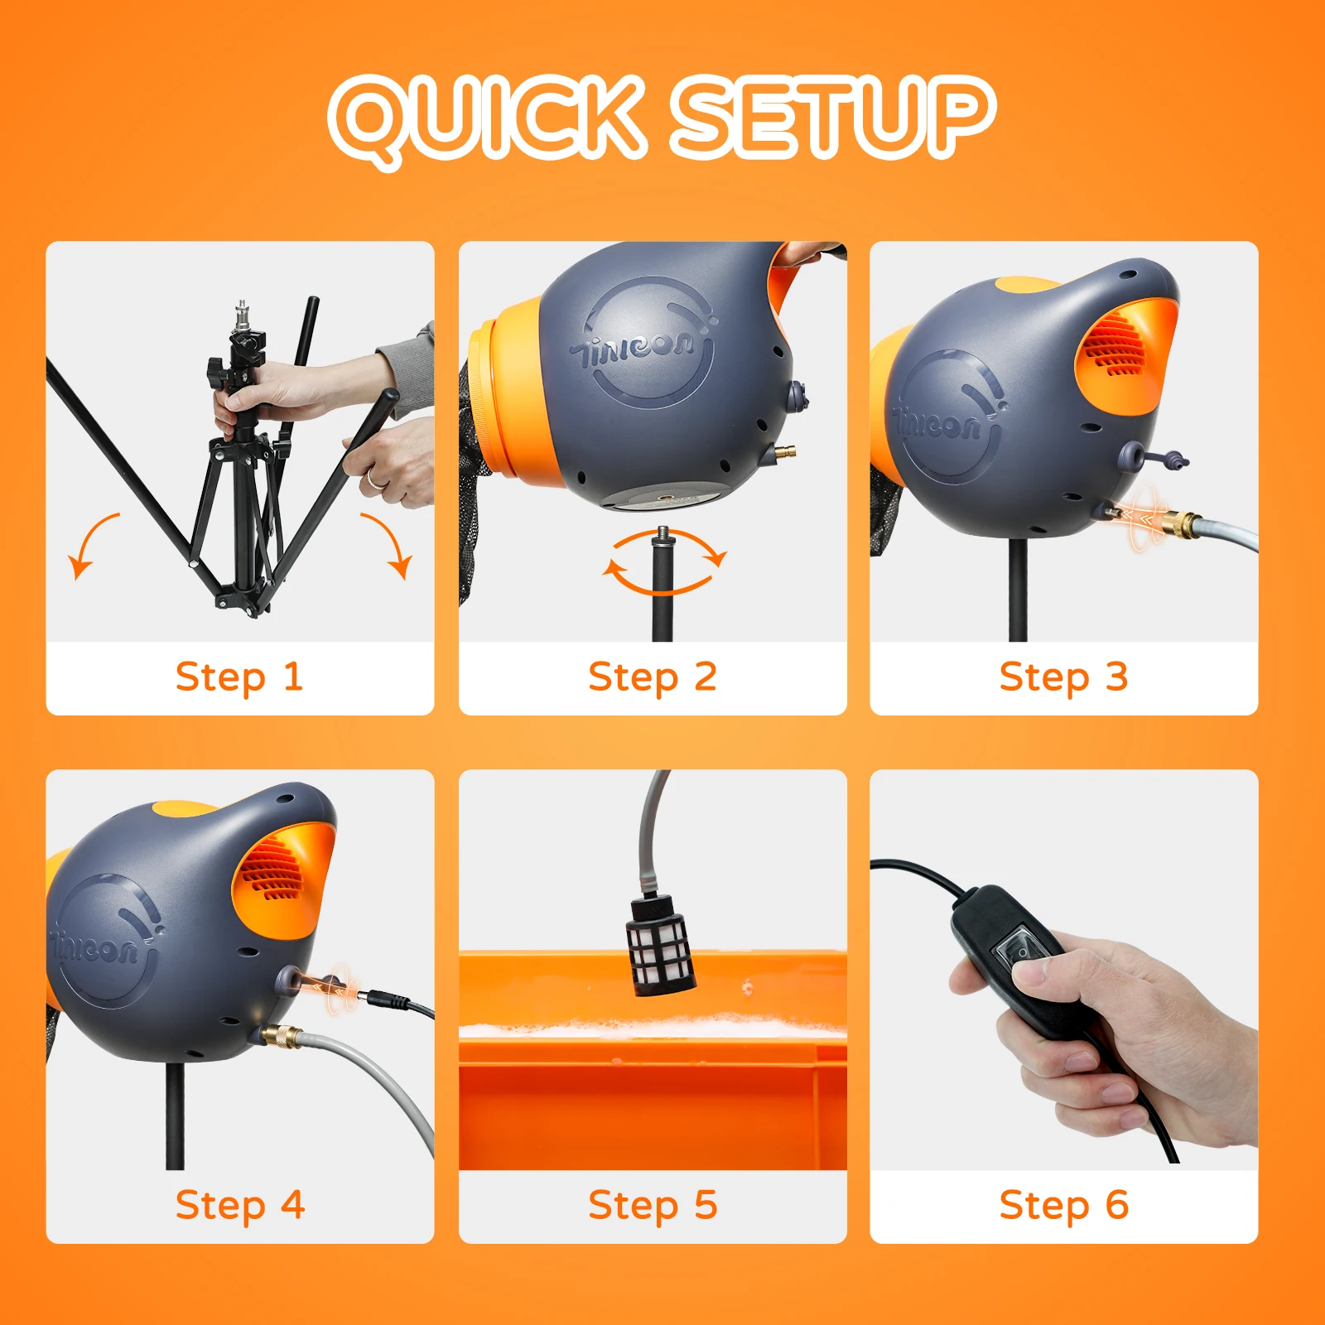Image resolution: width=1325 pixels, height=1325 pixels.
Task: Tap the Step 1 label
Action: click(x=239, y=677)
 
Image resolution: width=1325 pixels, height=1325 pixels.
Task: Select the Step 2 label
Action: click(x=653, y=677)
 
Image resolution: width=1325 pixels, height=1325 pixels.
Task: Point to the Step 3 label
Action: click(x=1064, y=677)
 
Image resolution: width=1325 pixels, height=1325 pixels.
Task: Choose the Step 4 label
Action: click(x=240, y=1206)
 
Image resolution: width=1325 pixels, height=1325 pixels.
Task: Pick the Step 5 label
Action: click(x=653, y=1206)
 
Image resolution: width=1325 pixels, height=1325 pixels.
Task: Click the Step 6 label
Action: click(x=1064, y=1206)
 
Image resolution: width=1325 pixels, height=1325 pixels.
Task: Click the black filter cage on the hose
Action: click(x=660, y=943)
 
